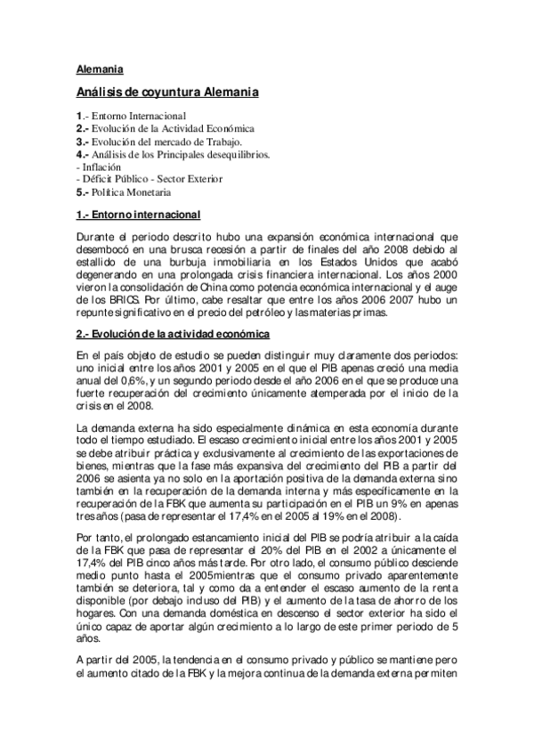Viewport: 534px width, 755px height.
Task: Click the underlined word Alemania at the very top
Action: point(100,69)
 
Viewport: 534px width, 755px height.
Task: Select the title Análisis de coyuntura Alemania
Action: point(167,92)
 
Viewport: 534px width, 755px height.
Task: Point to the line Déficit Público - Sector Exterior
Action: point(152,179)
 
